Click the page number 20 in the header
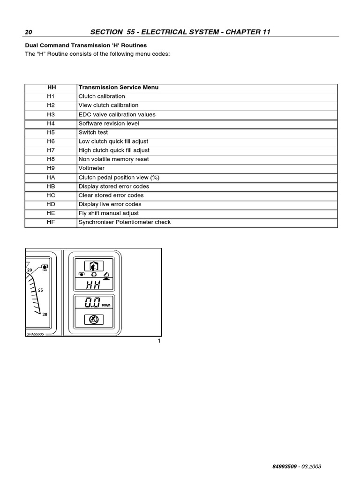29,32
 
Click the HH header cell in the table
51,88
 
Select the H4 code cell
51,124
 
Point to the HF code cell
51,222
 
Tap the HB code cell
51,187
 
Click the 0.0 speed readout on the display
92,303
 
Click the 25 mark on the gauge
40,291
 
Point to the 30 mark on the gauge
45,315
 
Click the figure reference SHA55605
35,334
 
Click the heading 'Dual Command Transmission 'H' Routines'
86,45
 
